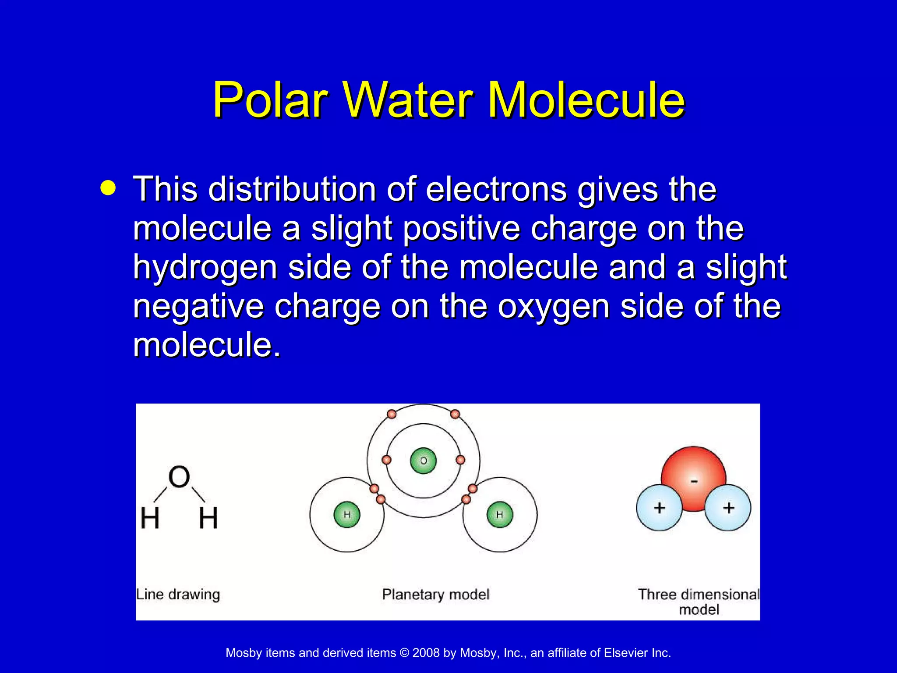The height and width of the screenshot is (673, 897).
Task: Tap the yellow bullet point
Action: point(108,188)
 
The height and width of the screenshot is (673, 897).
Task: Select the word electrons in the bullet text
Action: point(496,189)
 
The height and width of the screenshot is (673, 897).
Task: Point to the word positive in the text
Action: point(461,229)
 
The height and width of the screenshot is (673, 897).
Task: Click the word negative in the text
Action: point(198,306)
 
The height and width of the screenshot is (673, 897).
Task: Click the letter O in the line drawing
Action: point(179,477)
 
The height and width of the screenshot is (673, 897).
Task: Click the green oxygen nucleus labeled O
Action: point(423,460)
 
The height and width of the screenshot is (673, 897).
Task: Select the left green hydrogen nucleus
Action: point(347,514)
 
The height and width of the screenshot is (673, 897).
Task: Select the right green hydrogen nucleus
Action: point(500,514)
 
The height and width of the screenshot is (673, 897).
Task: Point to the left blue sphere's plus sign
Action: point(659,508)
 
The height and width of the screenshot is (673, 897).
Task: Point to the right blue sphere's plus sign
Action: point(728,508)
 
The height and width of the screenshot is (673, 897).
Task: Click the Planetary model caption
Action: point(435,595)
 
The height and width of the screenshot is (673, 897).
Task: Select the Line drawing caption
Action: point(178,595)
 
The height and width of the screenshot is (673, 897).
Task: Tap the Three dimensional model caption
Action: point(699,602)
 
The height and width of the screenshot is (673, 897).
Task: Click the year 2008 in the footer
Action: point(426,653)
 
